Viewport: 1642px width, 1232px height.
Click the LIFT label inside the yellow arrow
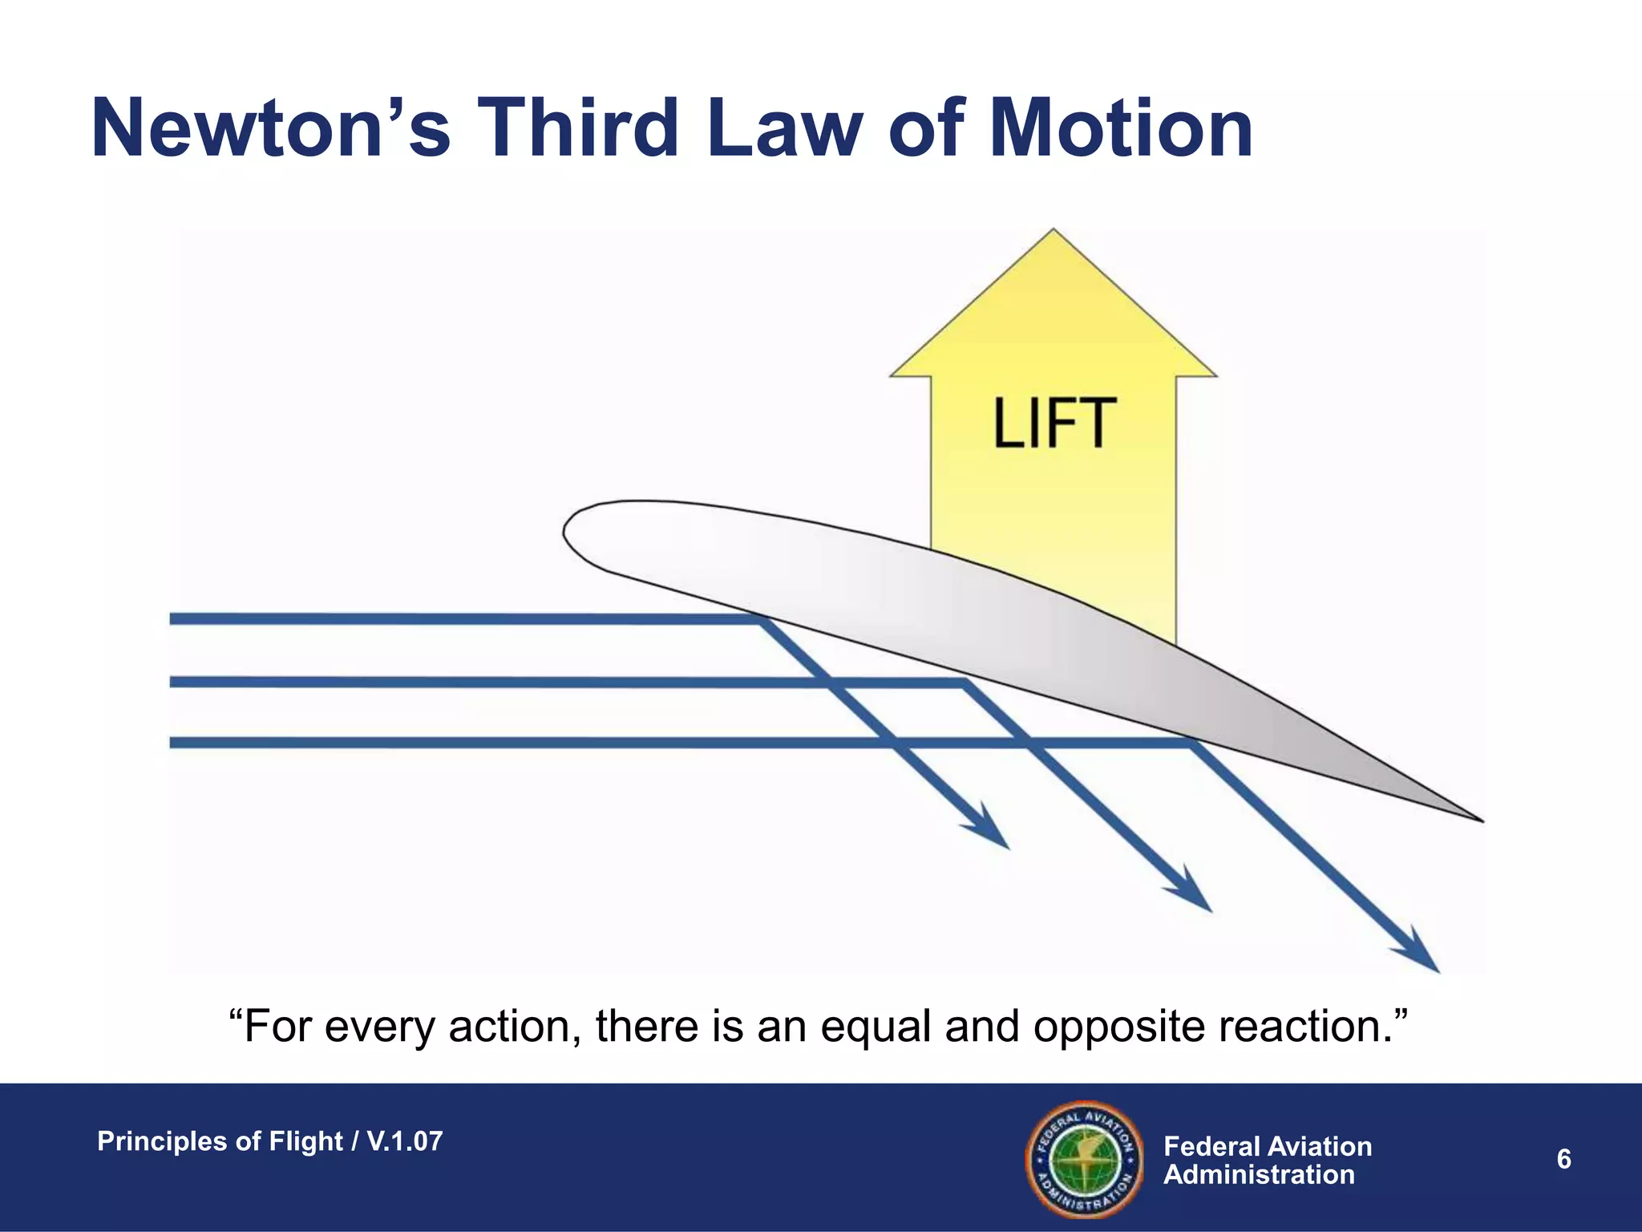tap(1054, 423)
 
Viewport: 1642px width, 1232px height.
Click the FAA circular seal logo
tap(1084, 1159)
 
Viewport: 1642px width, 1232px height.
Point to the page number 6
tap(1563, 1159)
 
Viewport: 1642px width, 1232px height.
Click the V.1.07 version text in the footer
tap(405, 1141)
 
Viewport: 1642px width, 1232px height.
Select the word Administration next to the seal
tap(1258, 1175)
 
